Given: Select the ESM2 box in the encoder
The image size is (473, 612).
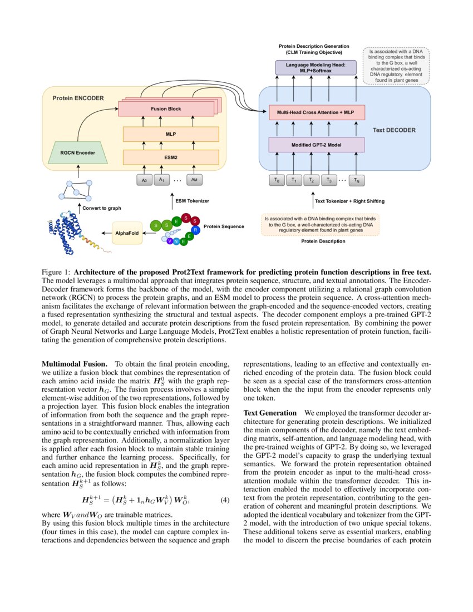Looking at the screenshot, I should (x=170, y=157).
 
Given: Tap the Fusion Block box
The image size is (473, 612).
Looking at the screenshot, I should (x=166, y=108).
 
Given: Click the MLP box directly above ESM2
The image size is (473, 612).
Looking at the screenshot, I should (x=170, y=134).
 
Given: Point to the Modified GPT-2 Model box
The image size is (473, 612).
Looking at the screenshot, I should (x=317, y=145).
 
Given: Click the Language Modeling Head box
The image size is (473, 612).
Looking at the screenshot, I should (x=316, y=68).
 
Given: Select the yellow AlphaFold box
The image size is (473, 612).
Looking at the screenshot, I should (x=127, y=233).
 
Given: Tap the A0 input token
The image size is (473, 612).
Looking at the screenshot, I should (x=144, y=180).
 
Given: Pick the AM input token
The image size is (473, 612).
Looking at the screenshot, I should (x=194, y=180).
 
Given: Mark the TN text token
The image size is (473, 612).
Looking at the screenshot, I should (x=358, y=180).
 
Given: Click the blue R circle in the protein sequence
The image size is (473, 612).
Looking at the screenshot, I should (x=195, y=229).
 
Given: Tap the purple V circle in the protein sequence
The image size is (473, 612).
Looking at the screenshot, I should (x=169, y=240).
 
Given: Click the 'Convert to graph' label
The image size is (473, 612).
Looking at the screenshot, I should (x=101, y=208).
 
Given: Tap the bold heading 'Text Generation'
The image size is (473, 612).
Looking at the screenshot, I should (x=270, y=413).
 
